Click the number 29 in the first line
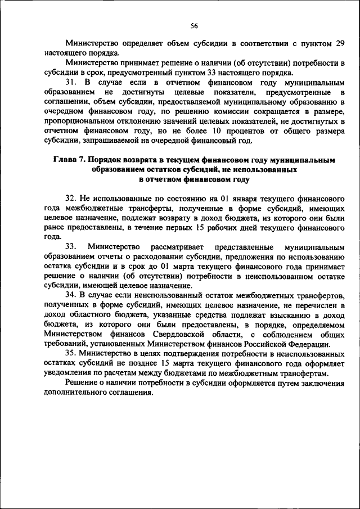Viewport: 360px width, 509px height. pyautogui.click(x=339, y=42)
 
